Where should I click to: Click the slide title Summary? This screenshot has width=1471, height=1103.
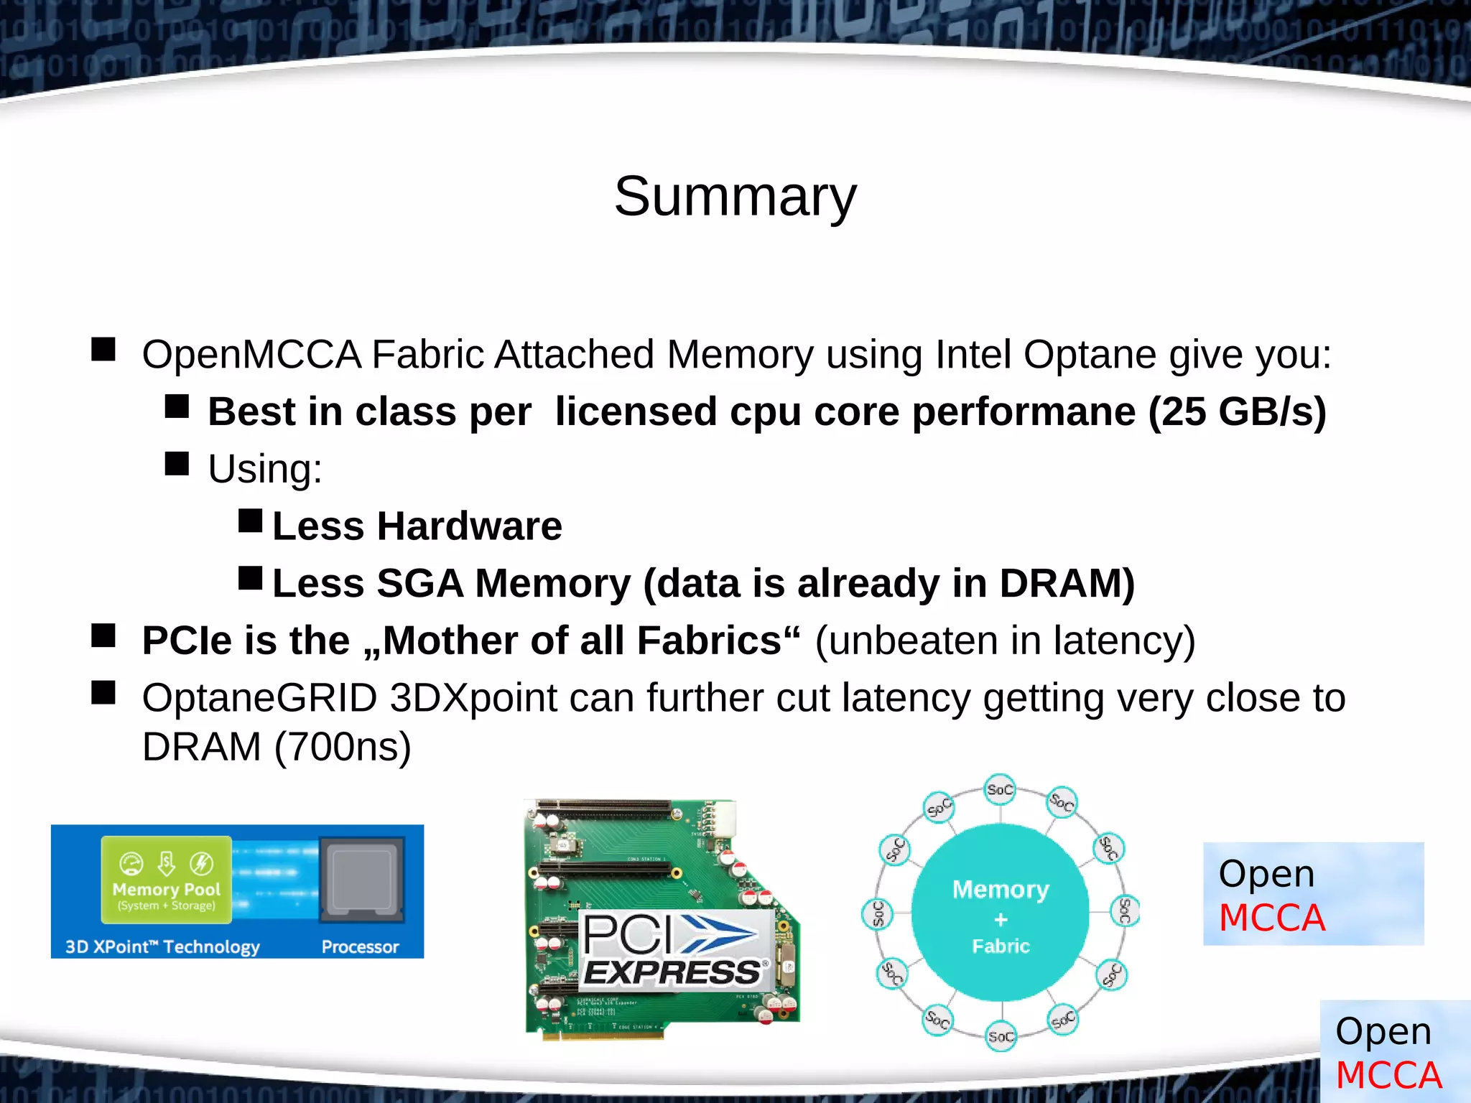point(735,196)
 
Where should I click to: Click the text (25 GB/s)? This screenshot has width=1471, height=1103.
point(1237,411)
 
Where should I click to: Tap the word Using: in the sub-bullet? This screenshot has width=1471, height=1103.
point(265,469)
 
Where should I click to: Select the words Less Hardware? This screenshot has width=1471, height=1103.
point(417,526)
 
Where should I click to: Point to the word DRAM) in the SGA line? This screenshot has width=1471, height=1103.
point(1067,582)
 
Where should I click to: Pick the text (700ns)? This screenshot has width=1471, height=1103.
point(343,746)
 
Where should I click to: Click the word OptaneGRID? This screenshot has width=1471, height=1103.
point(259,697)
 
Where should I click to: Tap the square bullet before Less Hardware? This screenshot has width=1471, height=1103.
point(250,521)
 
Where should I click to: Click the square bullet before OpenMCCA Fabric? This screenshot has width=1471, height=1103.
point(103,350)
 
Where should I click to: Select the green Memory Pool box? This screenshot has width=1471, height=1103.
point(166,880)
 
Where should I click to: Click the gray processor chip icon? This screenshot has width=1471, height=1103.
point(362,880)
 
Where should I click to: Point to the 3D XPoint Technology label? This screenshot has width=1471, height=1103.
point(162,946)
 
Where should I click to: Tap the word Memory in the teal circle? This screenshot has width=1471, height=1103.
point(1001,890)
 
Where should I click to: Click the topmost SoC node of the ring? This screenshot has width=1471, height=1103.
point(1000,789)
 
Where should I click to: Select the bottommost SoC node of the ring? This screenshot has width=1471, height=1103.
point(1001,1036)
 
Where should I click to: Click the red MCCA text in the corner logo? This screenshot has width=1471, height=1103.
point(1388,1075)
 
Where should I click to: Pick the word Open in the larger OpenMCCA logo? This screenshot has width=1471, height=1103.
point(1266,874)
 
